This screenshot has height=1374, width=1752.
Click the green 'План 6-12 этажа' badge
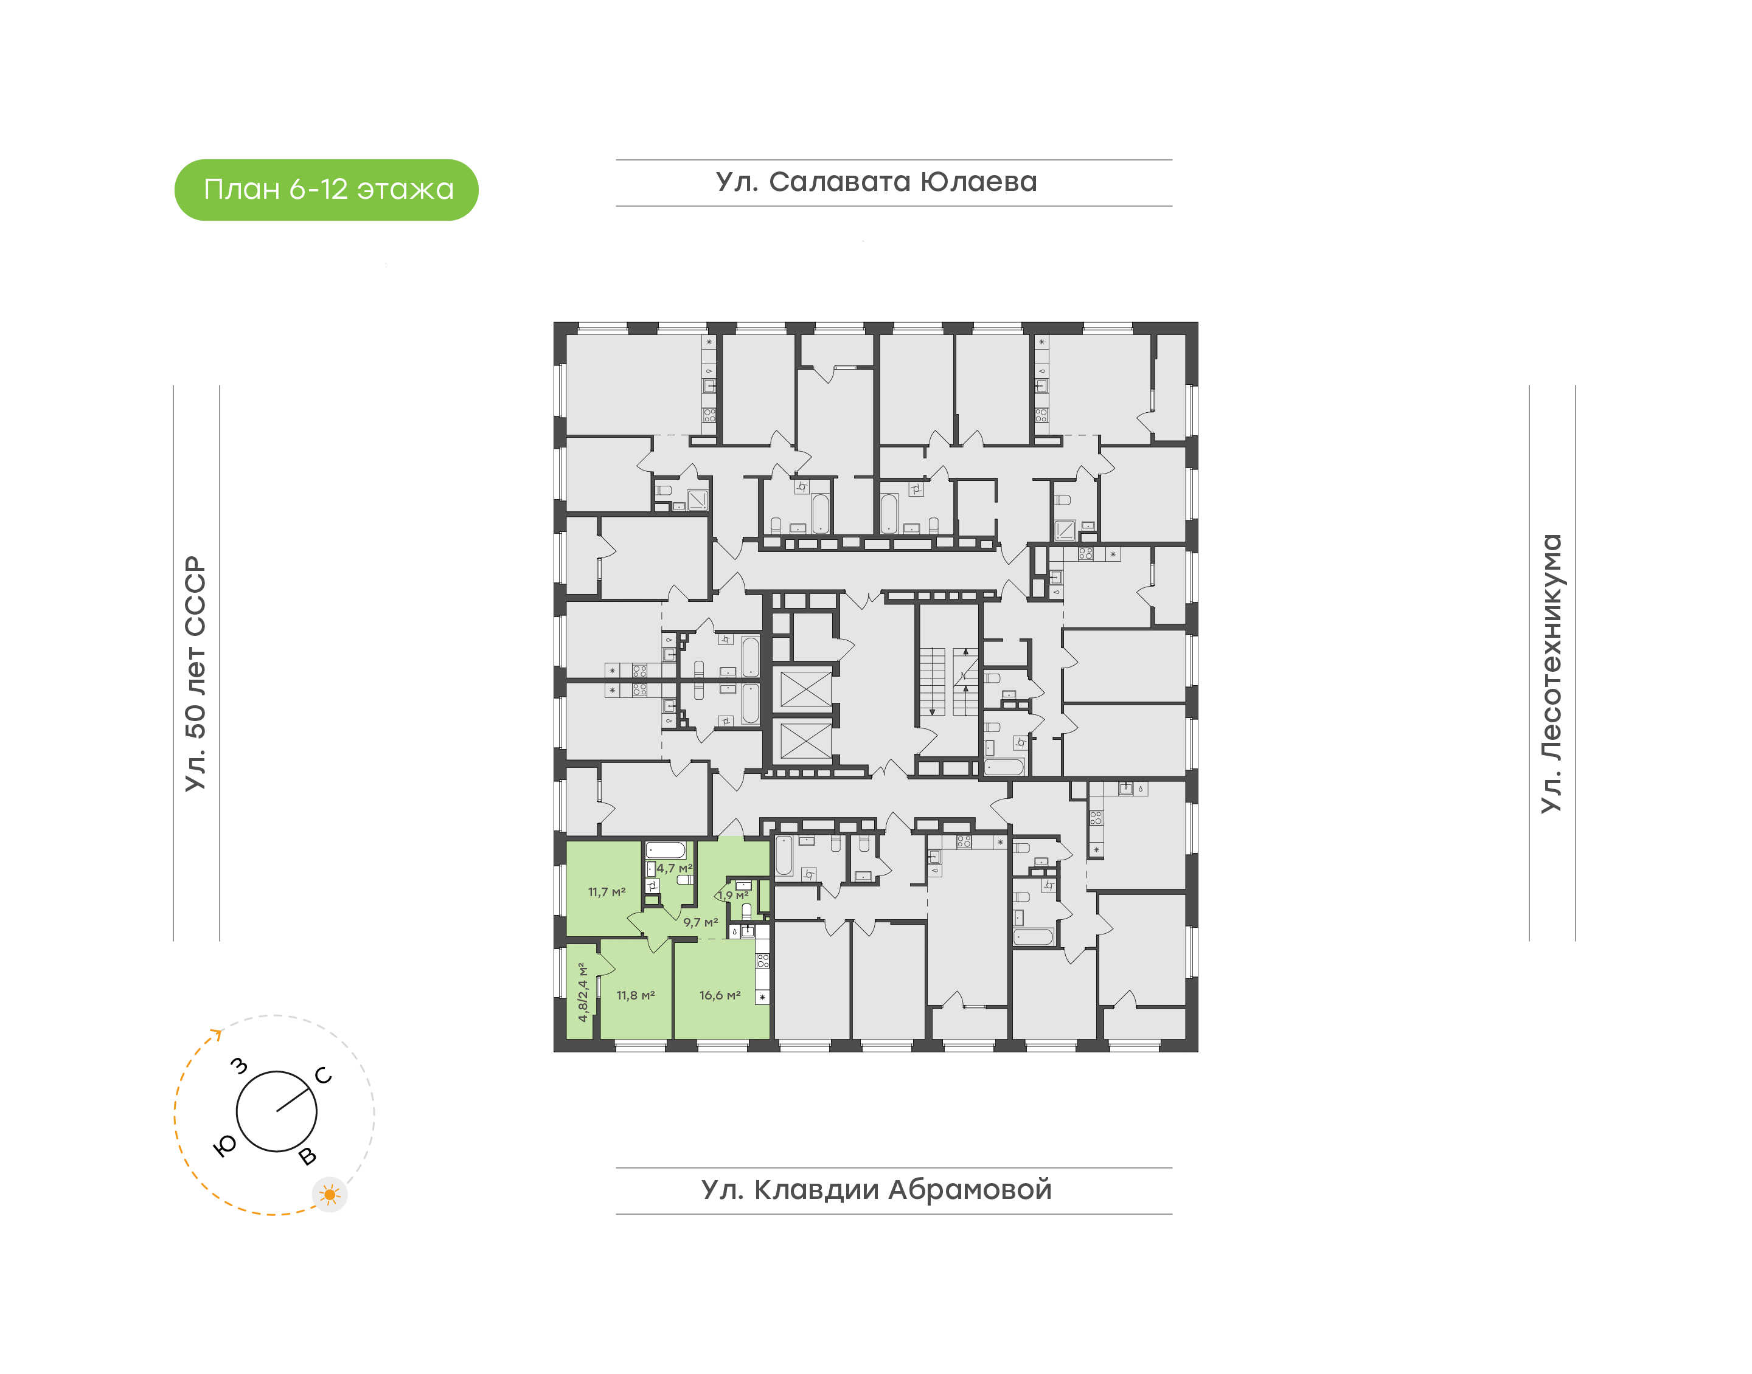click(326, 190)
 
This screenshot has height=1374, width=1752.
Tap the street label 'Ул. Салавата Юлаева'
click(877, 182)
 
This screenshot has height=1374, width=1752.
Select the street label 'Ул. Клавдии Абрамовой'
click(877, 1189)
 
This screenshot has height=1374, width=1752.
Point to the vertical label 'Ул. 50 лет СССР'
click(195, 674)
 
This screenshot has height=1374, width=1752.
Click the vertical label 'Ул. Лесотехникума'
click(1551, 674)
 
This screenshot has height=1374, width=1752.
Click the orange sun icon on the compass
click(329, 1195)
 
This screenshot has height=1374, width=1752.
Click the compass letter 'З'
click(239, 1066)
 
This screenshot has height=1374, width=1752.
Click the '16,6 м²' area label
click(720, 995)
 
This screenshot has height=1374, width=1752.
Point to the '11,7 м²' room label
click(607, 891)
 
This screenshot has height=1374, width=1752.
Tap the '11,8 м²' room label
click(636, 995)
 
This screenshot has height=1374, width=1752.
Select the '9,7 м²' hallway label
click(700, 922)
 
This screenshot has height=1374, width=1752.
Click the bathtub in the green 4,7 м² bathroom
click(666, 851)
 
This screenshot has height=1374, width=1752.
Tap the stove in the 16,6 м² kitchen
click(763, 960)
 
